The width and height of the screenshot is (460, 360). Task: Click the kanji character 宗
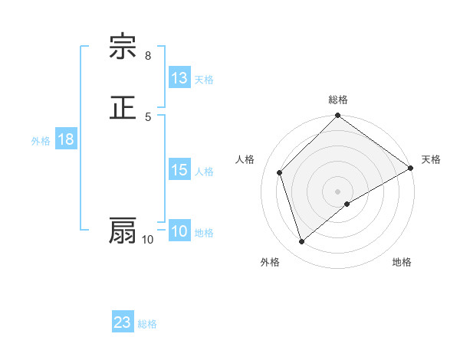tap(123, 48)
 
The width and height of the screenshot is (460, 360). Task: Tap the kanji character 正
tap(123, 108)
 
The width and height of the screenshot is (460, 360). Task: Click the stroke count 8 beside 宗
tap(148, 56)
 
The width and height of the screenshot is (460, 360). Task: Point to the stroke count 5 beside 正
tap(148, 116)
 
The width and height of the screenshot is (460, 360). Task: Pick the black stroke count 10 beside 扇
tap(148, 240)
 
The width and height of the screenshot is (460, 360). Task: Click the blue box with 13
tap(179, 78)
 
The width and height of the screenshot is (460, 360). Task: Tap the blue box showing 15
tap(179, 170)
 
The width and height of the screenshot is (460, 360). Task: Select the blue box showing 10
tap(179, 231)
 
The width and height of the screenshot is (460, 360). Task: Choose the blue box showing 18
tap(66, 139)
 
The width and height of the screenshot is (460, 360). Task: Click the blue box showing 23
tap(123, 322)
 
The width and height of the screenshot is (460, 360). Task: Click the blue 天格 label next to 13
tap(204, 79)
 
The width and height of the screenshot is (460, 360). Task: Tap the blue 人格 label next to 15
tap(204, 171)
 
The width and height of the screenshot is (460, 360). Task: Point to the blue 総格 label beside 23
tap(147, 323)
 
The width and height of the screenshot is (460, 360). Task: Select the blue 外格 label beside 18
tap(41, 140)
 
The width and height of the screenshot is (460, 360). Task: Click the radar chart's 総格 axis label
tap(338, 100)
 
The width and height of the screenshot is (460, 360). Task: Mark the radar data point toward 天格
tap(410, 169)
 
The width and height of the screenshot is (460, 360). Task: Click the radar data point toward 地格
tap(347, 204)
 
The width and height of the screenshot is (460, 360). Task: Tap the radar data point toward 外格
tap(301, 242)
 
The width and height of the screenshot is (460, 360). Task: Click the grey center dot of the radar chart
tap(338, 191)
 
